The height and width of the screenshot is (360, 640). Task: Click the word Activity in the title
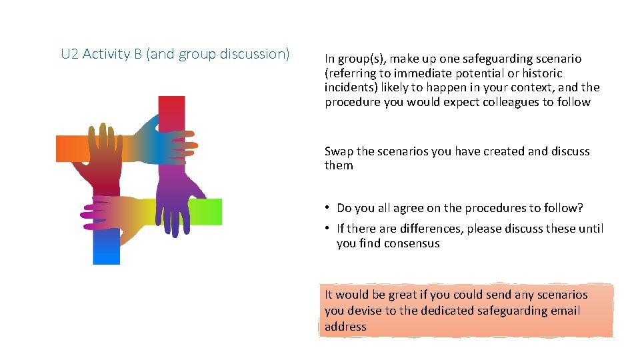tap(112, 54)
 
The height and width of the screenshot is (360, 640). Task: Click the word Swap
tap(339, 151)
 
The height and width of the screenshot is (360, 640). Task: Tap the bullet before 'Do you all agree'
tap(329, 208)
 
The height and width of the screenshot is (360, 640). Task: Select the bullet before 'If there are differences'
tap(329, 229)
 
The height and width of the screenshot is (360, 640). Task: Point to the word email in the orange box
tap(563, 311)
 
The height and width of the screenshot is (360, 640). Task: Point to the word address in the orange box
tap(345, 327)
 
